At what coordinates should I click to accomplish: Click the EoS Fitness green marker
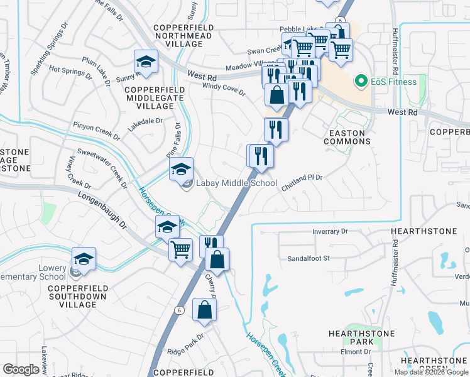click(361, 82)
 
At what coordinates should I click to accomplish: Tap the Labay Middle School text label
click(236, 183)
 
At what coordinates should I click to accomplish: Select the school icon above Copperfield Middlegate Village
click(146, 62)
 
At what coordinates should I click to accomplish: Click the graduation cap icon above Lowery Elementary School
click(84, 258)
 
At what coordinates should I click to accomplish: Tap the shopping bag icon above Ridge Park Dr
click(205, 309)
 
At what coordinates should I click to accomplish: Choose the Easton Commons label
click(347, 137)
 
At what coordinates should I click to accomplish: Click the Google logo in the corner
click(21, 369)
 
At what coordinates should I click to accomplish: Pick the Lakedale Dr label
click(145, 121)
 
